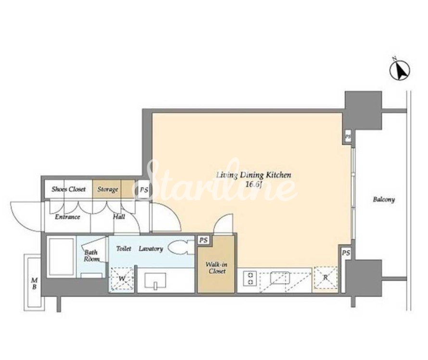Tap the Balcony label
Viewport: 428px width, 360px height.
click(384, 199)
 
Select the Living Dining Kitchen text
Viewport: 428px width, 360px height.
click(253, 175)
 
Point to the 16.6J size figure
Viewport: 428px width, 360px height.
click(254, 185)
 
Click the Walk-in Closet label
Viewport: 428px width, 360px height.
click(216, 268)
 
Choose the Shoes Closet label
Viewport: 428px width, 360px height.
click(68, 189)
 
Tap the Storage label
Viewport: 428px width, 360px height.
click(108, 189)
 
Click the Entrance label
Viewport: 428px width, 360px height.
click(67, 217)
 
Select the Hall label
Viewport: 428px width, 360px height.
click(119, 217)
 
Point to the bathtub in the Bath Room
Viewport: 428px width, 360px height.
click(61, 257)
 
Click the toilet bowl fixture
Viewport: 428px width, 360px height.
click(178, 248)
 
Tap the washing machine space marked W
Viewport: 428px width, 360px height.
click(122, 279)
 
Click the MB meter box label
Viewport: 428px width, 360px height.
click(34, 284)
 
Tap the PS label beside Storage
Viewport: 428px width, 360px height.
click(144, 189)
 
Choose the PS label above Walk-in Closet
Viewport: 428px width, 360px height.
click(203, 240)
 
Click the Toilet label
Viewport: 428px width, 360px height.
click(124, 248)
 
